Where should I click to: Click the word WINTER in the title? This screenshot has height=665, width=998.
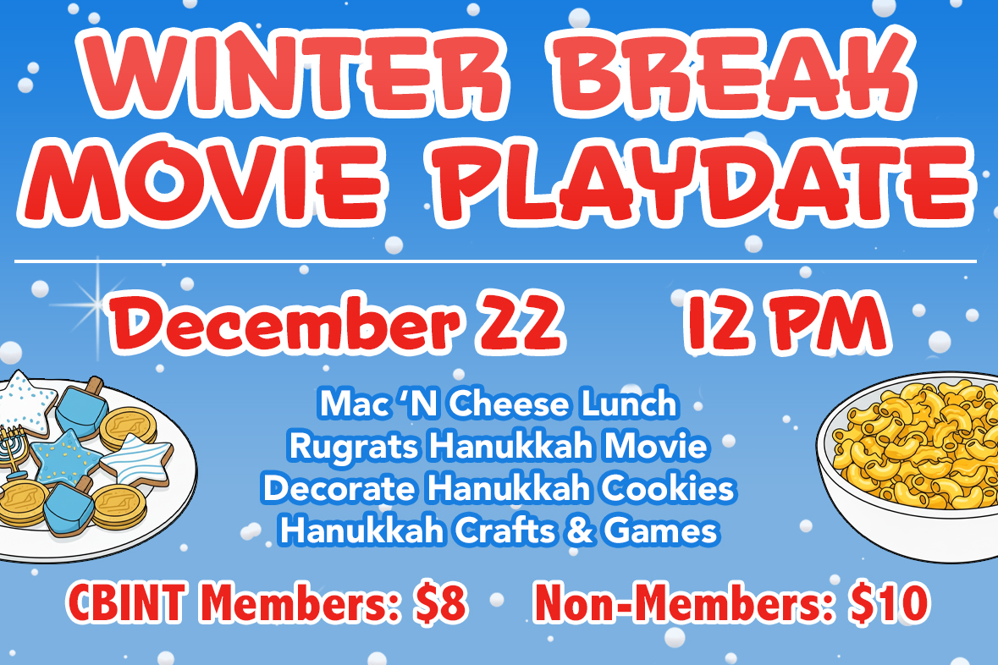(294, 72)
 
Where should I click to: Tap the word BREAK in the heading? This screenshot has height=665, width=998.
(734, 72)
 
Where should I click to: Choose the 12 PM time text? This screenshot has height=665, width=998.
(786, 322)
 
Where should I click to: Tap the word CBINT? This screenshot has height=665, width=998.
(126, 602)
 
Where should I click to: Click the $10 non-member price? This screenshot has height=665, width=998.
(890, 602)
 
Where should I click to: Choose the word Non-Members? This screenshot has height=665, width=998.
(684, 602)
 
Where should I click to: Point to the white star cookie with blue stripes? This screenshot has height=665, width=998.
(136, 459)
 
